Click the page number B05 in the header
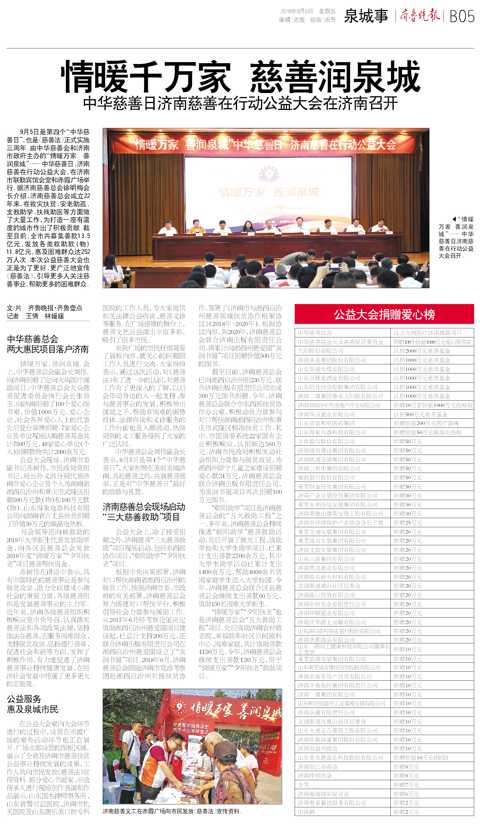(x=462, y=16)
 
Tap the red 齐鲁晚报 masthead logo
(x=420, y=15)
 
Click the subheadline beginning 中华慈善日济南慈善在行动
(x=240, y=103)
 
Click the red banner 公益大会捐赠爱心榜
(x=384, y=314)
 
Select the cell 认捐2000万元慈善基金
(x=421, y=351)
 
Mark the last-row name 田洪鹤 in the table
(x=306, y=812)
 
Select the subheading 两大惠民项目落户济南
(x=48, y=349)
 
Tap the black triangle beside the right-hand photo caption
(x=454, y=219)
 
